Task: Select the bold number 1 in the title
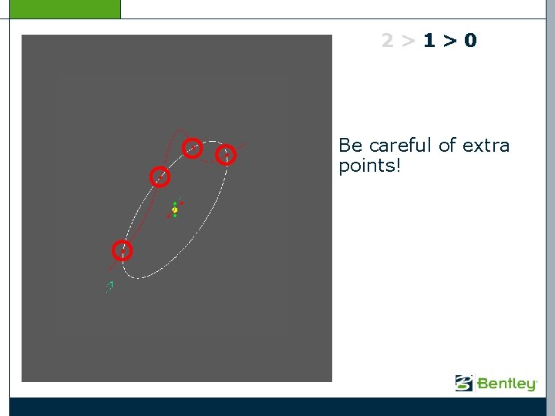(429, 41)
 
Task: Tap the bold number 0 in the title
(470, 41)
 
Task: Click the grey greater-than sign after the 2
(409, 42)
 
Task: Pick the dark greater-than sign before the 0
(449, 42)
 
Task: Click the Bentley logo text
(507, 384)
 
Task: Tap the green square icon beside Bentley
(464, 383)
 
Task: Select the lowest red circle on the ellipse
(122, 250)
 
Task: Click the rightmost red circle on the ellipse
(225, 155)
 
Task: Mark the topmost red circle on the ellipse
(193, 147)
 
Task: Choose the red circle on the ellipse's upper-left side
(159, 176)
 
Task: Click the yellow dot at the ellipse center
(175, 210)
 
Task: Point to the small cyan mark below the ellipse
(109, 287)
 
